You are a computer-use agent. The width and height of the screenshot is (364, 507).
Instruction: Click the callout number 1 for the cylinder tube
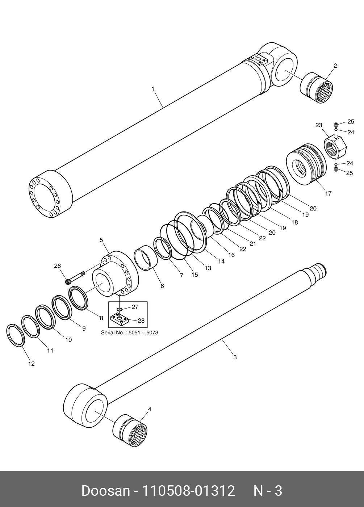click(x=153, y=89)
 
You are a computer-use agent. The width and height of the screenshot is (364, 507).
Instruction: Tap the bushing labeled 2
click(x=316, y=88)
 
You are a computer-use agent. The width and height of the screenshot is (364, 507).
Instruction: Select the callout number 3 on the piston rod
click(x=235, y=357)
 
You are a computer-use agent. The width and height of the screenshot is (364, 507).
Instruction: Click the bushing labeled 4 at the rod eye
click(x=130, y=431)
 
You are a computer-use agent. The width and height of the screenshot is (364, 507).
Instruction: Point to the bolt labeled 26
click(x=75, y=278)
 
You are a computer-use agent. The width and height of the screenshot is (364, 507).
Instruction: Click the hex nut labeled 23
click(x=335, y=147)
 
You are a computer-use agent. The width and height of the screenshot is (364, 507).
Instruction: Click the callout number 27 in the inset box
click(x=135, y=307)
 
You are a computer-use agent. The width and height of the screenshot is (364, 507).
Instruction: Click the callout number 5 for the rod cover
click(x=101, y=240)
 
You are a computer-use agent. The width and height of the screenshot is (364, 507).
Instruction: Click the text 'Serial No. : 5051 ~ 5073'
click(x=129, y=332)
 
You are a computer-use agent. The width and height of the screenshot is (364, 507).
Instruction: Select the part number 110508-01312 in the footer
click(x=188, y=491)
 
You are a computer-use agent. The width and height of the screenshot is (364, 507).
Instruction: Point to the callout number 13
click(x=208, y=268)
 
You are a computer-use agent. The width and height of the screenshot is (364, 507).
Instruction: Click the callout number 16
click(x=231, y=255)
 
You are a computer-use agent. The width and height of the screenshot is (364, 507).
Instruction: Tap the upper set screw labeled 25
click(x=336, y=125)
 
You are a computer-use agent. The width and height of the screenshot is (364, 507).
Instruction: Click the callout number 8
click(x=101, y=318)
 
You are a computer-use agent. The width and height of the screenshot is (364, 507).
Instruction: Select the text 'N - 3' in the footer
click(x=267, y=491)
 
